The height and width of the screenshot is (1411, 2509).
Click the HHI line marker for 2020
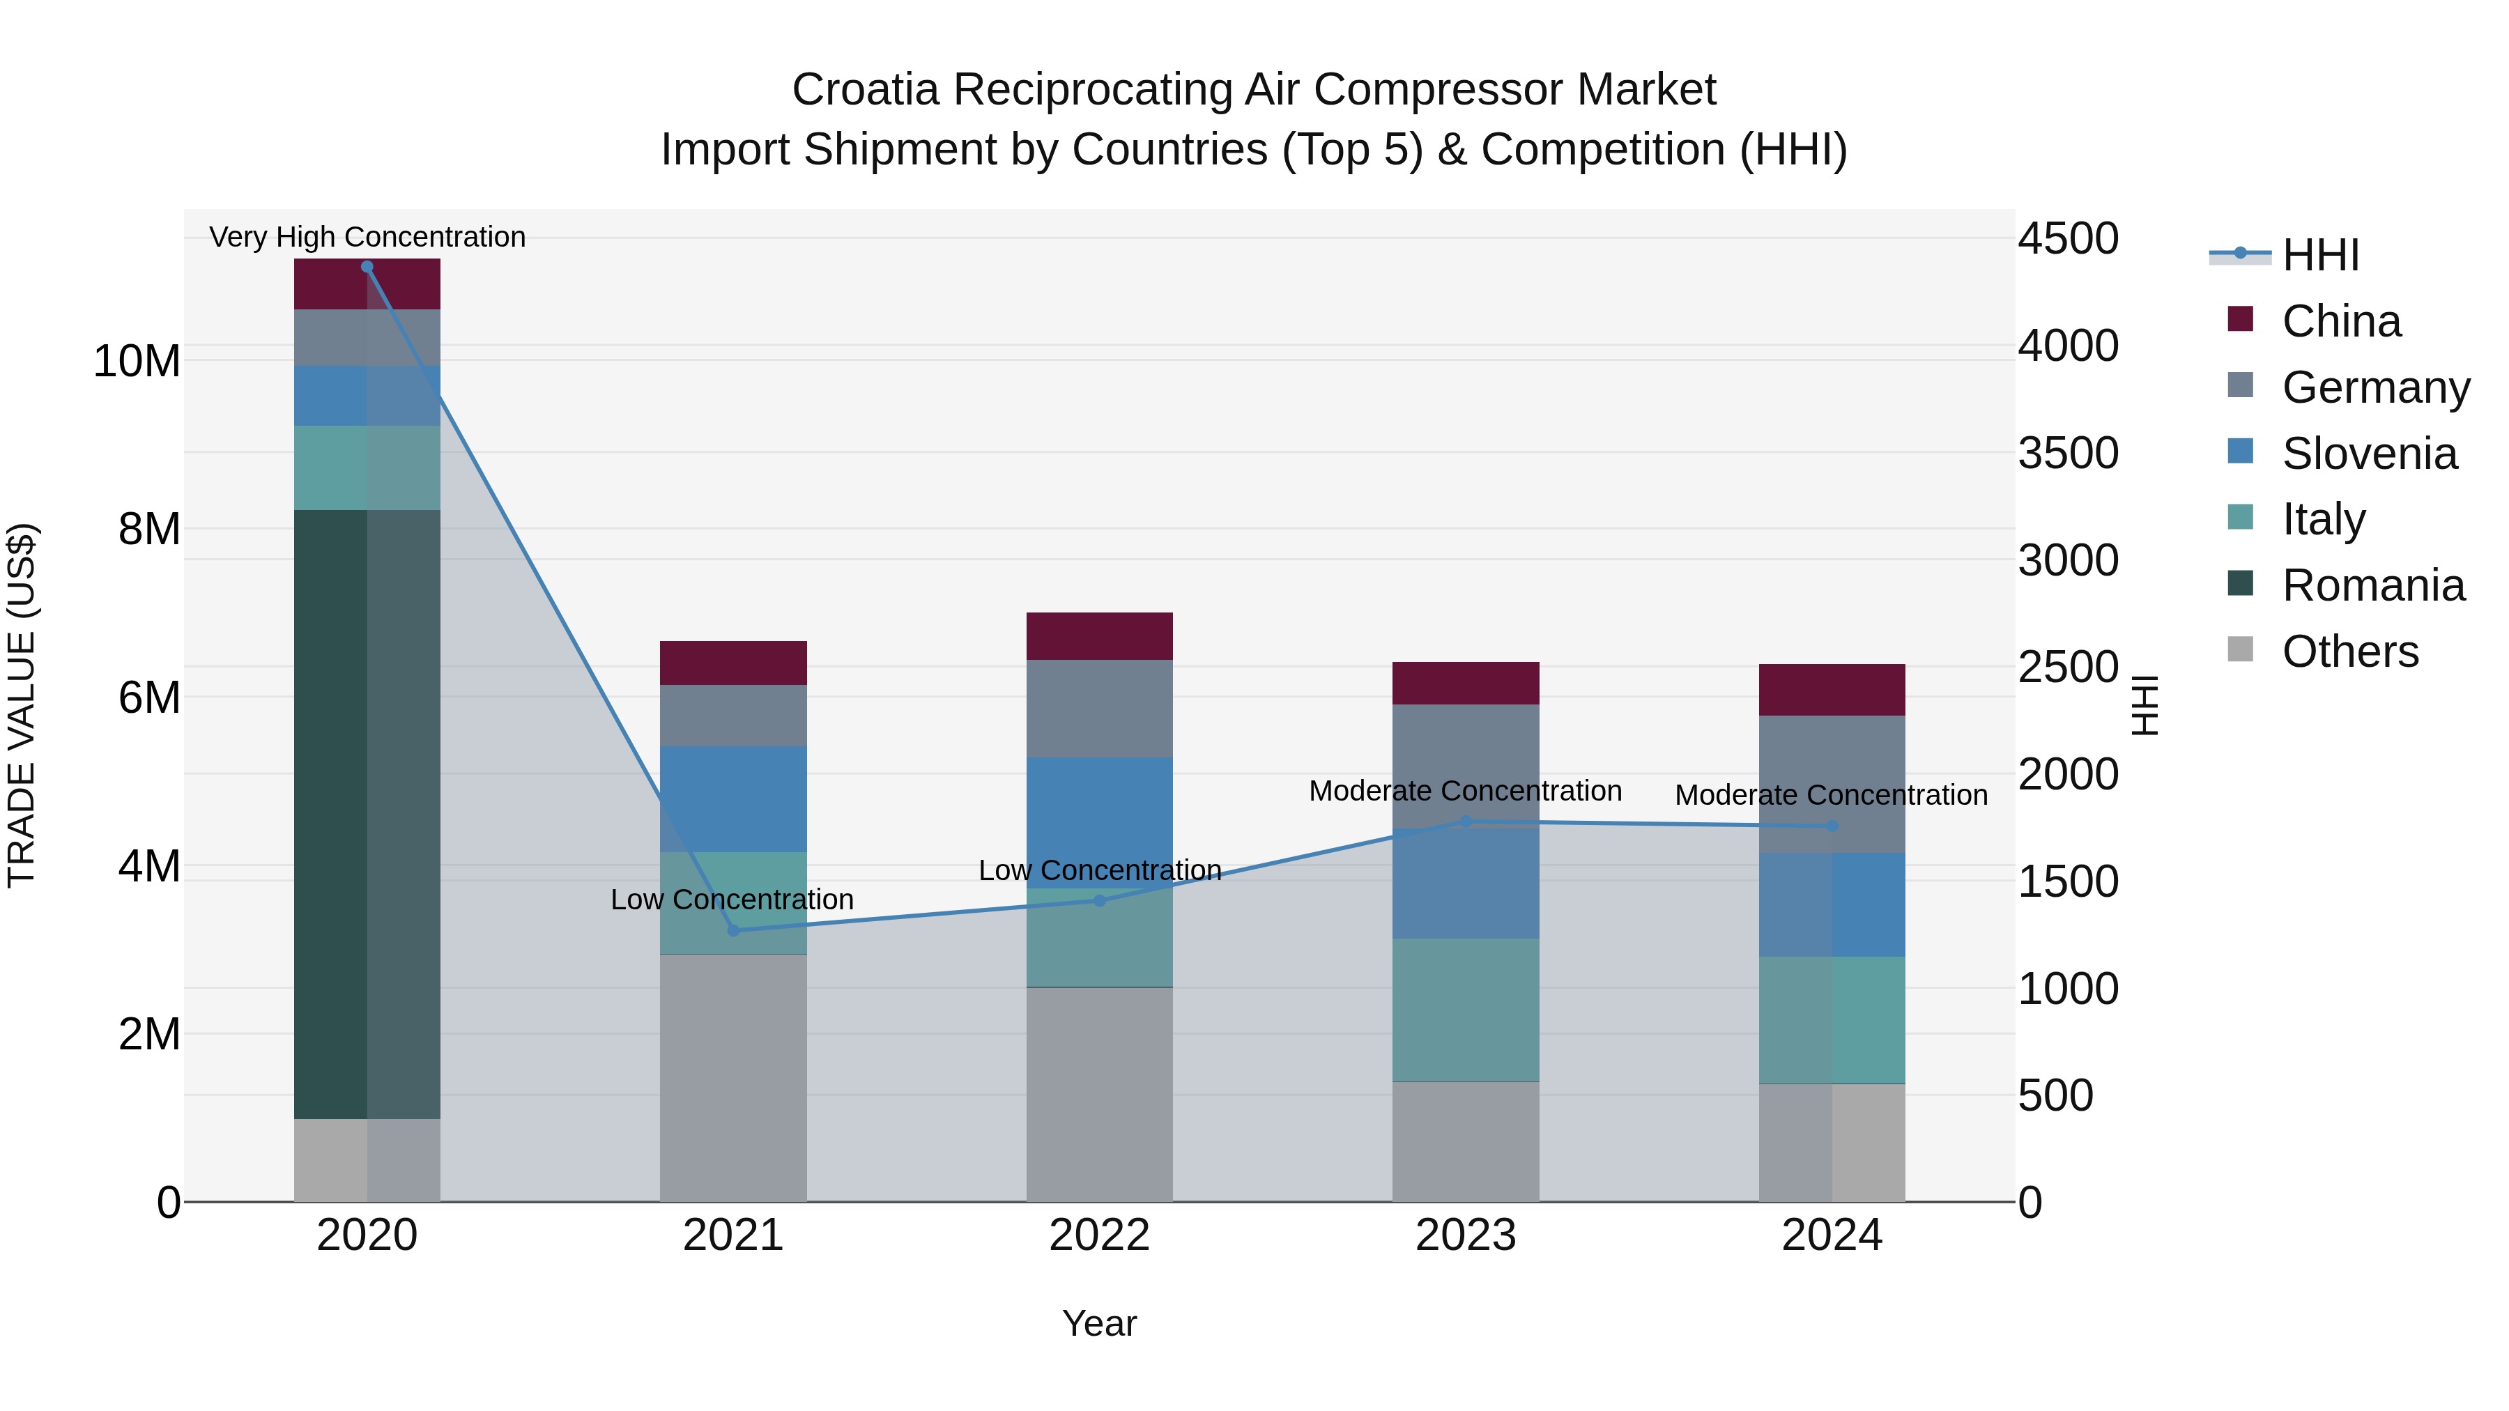(x=367, y=267)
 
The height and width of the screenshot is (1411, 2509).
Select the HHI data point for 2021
(x=733, y=930)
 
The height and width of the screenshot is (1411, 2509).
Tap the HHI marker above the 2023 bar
(x=1466, y=822)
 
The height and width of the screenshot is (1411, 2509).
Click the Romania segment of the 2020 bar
(x=367, y=813)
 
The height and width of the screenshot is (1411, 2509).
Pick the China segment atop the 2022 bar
(x=1100, y=636)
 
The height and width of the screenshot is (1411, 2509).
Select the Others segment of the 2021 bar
(x=733, y=1077)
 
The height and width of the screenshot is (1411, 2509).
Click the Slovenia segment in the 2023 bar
(x=1466, y=884)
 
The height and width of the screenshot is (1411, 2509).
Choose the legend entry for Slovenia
(x=2369, y=454)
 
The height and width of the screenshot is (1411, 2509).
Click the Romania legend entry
(x=2372, y=585)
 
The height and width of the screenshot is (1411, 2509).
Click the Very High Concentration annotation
(x=367, y=237)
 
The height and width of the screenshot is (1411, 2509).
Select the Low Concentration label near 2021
(x=732, y=899)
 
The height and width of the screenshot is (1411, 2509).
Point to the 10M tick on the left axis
(x=137, y=361)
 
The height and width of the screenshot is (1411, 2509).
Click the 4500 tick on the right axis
(x=2067, y=238)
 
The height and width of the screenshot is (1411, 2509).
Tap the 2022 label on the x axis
(x=1100, y=1235)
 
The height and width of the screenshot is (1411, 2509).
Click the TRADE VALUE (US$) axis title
(x=22, y=705)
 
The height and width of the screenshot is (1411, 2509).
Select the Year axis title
(x=1100, y=1323)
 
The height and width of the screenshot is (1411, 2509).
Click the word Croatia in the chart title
(x=865, y=90)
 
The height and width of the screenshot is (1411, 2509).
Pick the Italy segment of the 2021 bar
(x=733, y=902)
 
